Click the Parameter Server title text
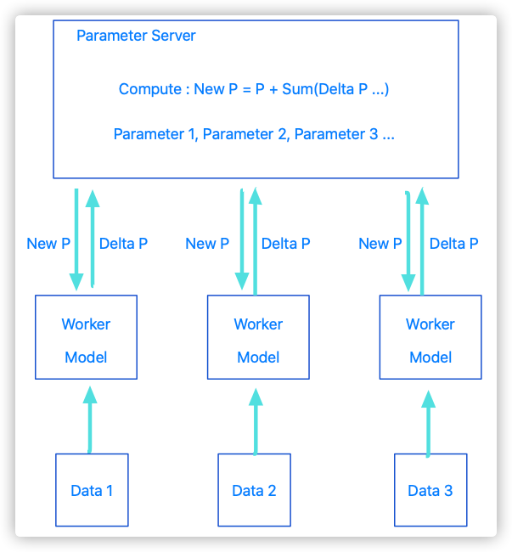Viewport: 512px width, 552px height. pyautogui.click(x=136, y=36)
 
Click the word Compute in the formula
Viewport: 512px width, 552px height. pyautogui.click(x=150, y=89)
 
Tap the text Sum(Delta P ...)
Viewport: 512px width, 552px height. pyautogui.click(x=335, y=89)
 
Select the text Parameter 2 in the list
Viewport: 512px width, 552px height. pyautogui.click(x=246, y=134)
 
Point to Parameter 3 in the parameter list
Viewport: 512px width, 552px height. pyautogui.click(x=336, y=134)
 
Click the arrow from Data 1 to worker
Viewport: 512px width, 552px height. pyautogui.click(x=90, y=420)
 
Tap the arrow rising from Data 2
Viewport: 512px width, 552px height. pyautogui.click(x=256, y=421)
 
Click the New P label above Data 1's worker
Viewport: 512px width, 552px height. pyautogui.click(x=48, y=244)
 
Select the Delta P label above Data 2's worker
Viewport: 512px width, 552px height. pyautogui.click(x=286, y=244)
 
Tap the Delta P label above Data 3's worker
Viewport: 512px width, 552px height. pyautogui.click(x=454, y=244)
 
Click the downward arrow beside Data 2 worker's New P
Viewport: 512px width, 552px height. pyautogui.click(x=242, y=239)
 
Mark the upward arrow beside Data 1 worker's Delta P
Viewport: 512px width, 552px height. pyautogui.click(x=93, y=239)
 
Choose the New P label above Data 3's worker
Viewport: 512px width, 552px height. pyautogui.click(x=380, y=244)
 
